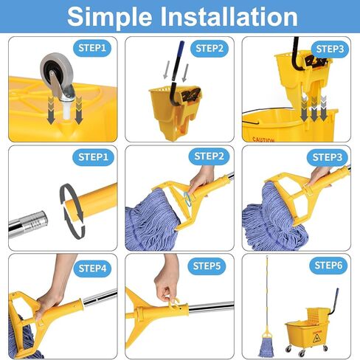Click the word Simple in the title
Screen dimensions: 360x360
click(x=110, y=17)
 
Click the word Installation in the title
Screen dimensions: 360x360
click(x=229, y=16)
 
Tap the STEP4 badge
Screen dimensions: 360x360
click(x=92, y=269)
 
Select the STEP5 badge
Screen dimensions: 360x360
click(x=207, y=266)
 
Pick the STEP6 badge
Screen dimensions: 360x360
click(x=328, y=266)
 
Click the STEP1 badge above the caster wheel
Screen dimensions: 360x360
click(x=92, y=48)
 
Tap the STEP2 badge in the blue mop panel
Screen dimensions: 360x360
click(x=209, y=156)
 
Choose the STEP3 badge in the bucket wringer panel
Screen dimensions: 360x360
click(x=330, y=49)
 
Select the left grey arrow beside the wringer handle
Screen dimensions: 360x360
click(x=167, y=70)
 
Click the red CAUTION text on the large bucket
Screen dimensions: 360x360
click(x=263, y=140)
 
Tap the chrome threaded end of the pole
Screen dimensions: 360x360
click(x=28, y=224)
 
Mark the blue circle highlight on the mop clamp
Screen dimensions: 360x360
click(x=188, y=198)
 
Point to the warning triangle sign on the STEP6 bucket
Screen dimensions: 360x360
click(x=316, y=339)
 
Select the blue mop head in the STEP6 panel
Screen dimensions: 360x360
click(x=266, y=347)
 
